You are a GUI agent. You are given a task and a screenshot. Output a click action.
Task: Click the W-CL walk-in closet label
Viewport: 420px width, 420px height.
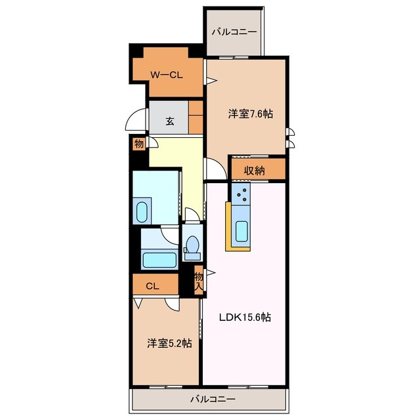[x=167, y=75]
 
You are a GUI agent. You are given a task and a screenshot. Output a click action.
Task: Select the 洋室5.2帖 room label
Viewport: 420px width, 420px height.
[x=169, y=343]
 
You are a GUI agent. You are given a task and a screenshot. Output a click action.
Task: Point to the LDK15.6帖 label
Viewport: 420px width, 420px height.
[x=245, y=317]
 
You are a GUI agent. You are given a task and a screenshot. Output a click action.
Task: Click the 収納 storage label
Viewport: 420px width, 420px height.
[x=255, y=171]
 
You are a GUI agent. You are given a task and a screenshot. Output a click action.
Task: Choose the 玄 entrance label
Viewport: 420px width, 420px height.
[x=169, y=121]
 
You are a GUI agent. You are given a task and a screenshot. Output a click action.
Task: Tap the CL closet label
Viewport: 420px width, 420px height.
[x=152, y=285]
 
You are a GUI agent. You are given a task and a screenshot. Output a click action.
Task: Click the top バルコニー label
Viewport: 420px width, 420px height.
[x=234, y=31]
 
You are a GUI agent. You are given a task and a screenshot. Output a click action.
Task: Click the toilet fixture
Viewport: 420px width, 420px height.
[x=193, y=245]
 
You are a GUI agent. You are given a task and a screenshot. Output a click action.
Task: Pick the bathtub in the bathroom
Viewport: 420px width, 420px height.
[x=159, y=260]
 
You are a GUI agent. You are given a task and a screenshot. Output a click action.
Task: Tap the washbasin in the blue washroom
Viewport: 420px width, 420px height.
[x=142, y=211]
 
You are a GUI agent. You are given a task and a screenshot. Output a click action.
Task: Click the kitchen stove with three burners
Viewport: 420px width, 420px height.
[x=241, y=194]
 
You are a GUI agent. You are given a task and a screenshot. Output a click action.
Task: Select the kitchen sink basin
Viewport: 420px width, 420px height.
[x=241, y=231]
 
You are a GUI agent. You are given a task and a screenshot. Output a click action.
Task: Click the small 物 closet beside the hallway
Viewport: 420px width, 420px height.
[x=139, y=143]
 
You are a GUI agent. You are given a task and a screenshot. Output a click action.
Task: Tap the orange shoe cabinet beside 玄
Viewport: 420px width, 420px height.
[x=196, y=117]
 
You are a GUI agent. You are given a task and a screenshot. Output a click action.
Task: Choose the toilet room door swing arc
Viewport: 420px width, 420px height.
[x=190, y=215]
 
